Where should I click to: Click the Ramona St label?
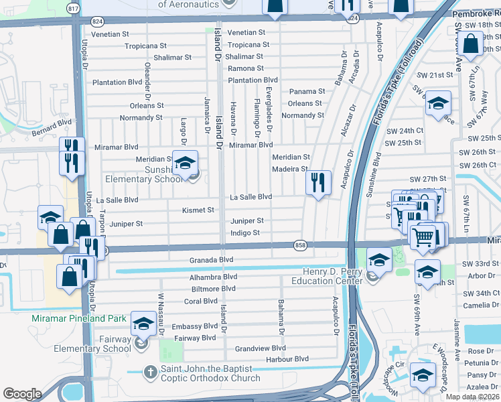click(x=245, y=68)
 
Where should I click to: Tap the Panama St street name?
click(x=307, y=91)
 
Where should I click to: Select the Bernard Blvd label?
click(x=51, y=127)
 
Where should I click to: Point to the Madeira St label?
click(x=289, y=169)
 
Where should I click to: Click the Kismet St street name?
click(x=198, y=210)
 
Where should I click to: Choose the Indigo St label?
click(x=245, y=232)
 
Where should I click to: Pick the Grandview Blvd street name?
click(x=260, y=348)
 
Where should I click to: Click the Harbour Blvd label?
click(x=287, y=359)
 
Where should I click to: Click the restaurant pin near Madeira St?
click(x=318, y=182)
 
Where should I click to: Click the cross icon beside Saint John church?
click(x=151, y=370)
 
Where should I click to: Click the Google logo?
click(x=22, y=394)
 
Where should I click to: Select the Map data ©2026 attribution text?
click(x=472, y=397)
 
